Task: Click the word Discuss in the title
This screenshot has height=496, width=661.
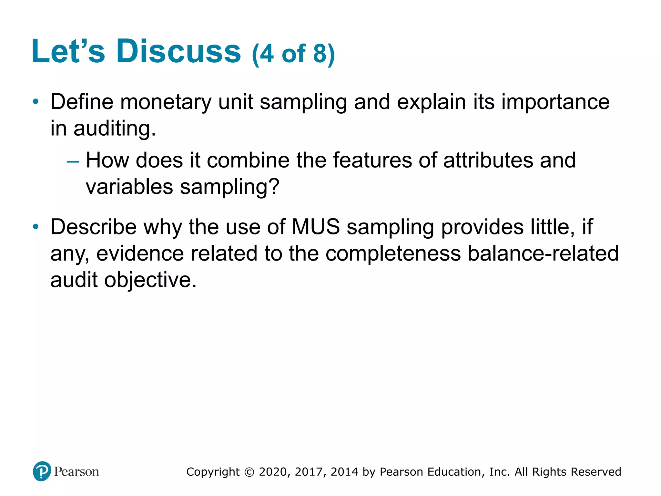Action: click(178, 51)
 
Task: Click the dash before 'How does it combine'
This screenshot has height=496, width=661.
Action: click(73, 161)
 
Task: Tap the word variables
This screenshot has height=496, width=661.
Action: click(129, 187)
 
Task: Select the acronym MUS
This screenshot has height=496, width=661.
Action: click(316, 227)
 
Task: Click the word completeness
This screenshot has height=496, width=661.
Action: click(393, 253)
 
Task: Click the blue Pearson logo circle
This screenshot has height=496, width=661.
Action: click(42, 471)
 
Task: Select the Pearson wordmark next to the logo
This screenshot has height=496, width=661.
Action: click(76, 472)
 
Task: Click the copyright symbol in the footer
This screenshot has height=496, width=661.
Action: click(249, 472)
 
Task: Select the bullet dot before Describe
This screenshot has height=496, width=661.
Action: click(36, 227)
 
